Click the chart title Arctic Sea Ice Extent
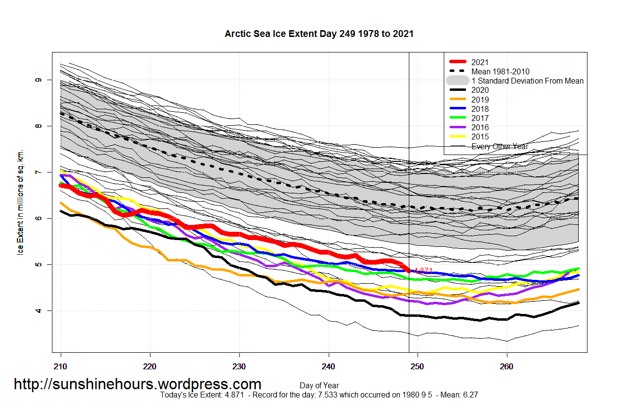pyautogui.click(x=319, y=34)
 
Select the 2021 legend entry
pyautogui.click(x=480, y=62)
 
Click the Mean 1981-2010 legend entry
pyautogui.click(x=500, y=71)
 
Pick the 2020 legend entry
pyautogui.click(x=480, y=90)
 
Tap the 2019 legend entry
pyautogui.click(x=480, y=100)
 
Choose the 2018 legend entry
pyautogui.click(x=480, y=109)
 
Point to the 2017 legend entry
pyautogui.click(x=480, y=118)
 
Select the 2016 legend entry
pyautogui.click(x=480, y=127)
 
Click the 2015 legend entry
pyautogui.click(x=480, y=137)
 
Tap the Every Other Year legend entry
pyautogui.click(x=500, y=146)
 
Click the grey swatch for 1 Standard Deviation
pyautogui.click(x=457, y=81)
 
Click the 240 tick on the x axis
pyautogui.click(x=329, y=365)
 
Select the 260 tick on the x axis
pyautogui.click(x=506, y=365)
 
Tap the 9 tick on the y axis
pyautogui.click(x=39, y=80)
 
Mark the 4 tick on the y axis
pyautogui.click(x=39, y=310)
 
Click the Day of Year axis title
pyautogui.click(x=319, y=386)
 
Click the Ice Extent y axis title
pyautogui.click(x=20, y=202)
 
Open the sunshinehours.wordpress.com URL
pyautogui.click(x=137, y=384)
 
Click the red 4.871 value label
pyautogui.click(x=422, y=271)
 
